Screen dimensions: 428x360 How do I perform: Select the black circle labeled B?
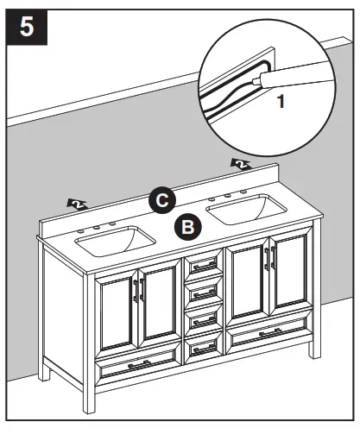pyautogui.click(x=187, y=227)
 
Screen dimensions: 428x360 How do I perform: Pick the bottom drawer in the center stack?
pyautogui.click(x=204, y=346)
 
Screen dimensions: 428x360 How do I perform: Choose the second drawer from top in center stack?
pyautogui.click(x=204, y=292)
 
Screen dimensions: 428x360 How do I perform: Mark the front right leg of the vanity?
pyautogui.click(x=310, y=349)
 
